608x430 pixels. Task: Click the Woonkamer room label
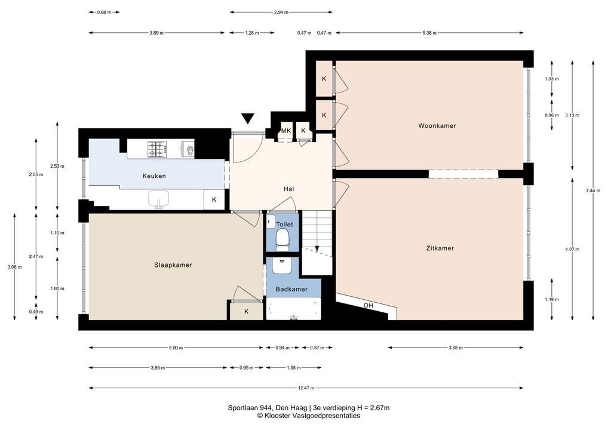tap(437, 125)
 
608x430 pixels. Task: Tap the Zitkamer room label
tap(440, 248)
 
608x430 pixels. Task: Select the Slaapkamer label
tap(173, 265)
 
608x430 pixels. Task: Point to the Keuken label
tap(154, 176)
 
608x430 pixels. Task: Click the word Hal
tap(288, 189)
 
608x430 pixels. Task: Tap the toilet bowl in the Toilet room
tap(282, 237)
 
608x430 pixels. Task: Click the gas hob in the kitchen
tap(157, 149)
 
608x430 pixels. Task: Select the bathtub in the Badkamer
tap(293, 309)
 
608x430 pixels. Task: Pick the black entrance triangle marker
tap(247, 118)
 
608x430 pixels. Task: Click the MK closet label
tap(286, 131)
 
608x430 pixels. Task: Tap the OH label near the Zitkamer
tap(369, 306)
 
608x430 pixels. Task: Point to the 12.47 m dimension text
tap(306, 388)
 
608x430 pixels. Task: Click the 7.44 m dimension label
tap(593, 191)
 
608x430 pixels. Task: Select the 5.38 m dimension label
tap(429, 33)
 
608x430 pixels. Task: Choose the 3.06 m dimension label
tap(15, 267)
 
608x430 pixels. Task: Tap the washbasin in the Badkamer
tap(282, 265)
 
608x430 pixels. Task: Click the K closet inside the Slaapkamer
tap(246, 311)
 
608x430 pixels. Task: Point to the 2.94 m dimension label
tap(281, 13)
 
